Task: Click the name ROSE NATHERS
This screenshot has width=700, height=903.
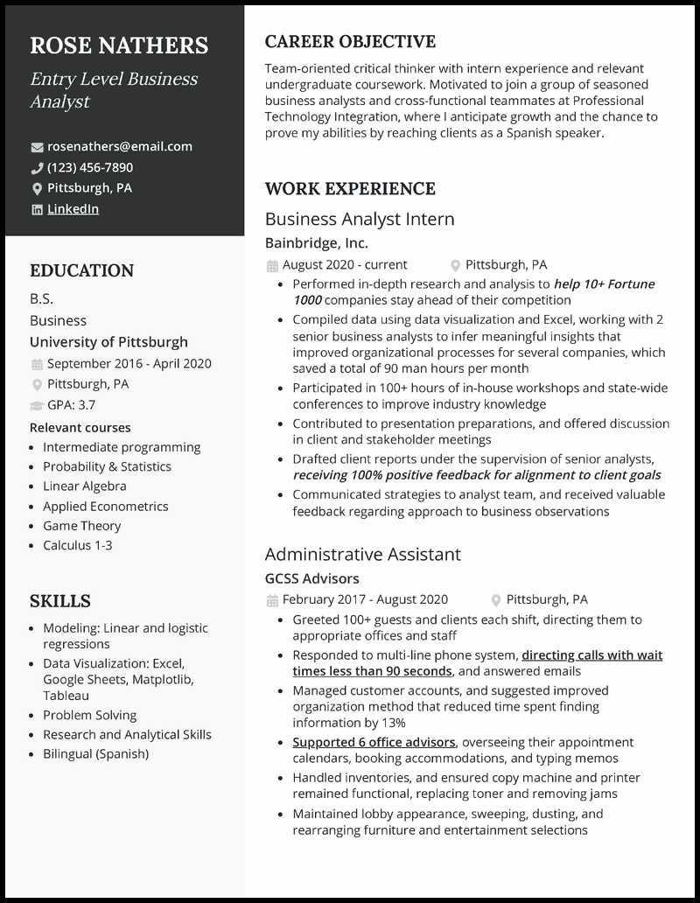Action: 119,45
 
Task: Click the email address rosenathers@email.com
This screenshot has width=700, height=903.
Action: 119,146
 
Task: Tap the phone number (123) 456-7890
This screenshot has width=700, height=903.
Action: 90,167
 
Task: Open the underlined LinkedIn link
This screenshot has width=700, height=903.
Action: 73,208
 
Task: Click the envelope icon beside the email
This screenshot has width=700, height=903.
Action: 37,147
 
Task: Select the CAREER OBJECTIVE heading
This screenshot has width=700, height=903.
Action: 350,42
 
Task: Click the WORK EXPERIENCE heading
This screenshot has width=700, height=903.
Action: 350,189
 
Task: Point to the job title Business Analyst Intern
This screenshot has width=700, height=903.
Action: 360,219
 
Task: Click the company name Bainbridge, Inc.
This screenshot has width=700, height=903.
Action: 317,243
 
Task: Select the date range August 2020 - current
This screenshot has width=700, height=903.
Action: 345,264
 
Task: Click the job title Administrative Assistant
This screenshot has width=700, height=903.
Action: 362,554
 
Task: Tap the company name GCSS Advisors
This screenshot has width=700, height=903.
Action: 311,578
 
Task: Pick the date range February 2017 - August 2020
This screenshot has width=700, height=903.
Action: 365,599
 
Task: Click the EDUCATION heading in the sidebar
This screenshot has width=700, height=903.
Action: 81,271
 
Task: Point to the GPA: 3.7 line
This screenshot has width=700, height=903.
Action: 72,404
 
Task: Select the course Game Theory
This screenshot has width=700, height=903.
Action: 82,526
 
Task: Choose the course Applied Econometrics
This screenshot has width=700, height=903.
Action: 106,506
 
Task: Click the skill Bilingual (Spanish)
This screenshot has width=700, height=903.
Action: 96,753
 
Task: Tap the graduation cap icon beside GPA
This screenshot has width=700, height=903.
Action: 37,405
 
